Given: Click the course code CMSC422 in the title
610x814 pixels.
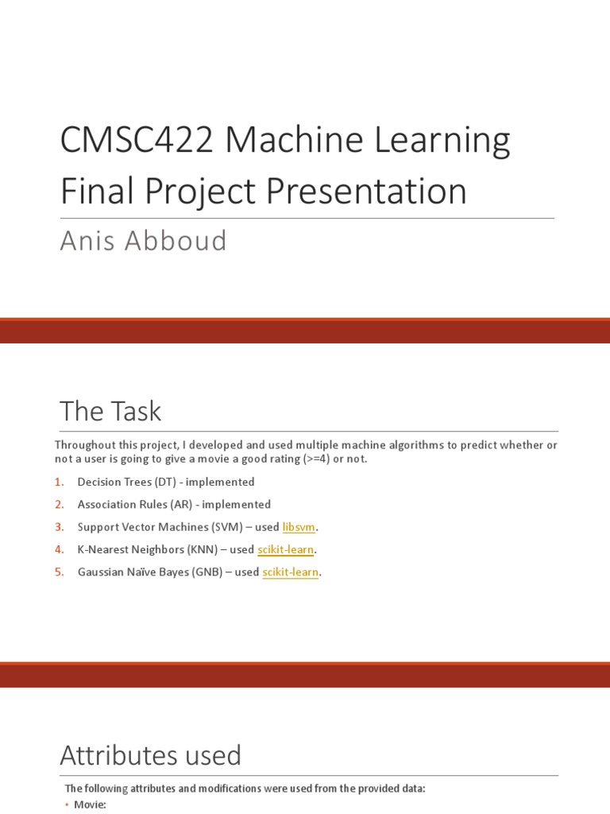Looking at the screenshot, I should (136, 141).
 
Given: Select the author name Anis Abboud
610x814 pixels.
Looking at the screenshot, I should (144, 240).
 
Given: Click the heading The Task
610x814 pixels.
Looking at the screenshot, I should (110, 411).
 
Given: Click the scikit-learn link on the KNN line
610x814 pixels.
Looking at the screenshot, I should (286, 549).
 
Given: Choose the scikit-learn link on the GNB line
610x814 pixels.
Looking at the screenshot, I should (291, 572).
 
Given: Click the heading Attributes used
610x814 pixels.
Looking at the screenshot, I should (150, 754).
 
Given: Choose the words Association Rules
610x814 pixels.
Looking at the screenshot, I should (116, 504).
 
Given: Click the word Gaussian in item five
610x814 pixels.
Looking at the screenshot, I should (99, 572).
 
